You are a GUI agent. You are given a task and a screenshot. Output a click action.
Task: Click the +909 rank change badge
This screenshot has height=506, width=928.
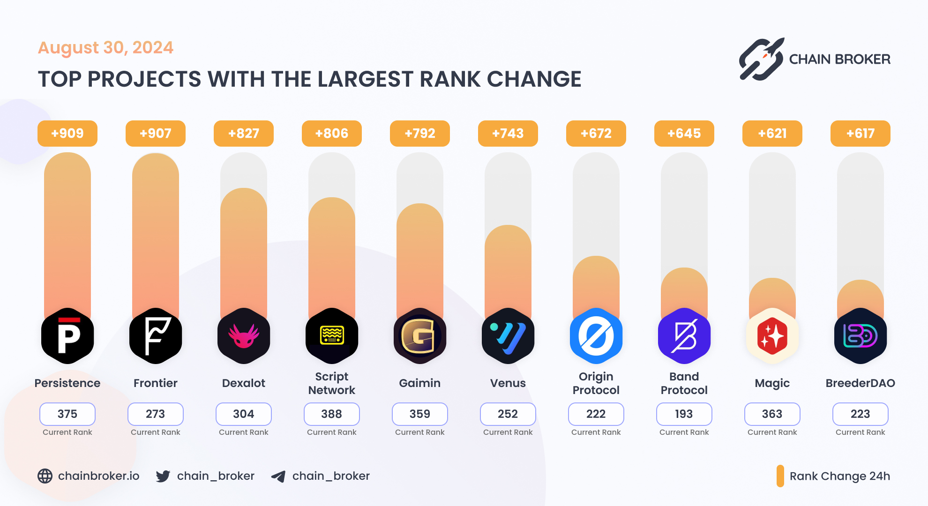(67, 134)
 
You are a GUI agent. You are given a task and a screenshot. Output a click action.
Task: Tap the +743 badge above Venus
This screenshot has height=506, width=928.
(508, 134)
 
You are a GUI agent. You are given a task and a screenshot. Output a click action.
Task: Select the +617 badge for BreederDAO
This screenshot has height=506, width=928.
(861, 134)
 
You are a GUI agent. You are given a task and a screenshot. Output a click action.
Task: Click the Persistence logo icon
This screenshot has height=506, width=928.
(67, 336)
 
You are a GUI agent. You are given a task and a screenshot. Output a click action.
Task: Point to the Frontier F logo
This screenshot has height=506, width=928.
(156, 336)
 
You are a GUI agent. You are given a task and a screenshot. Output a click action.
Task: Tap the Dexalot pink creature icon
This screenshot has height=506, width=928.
(244, 336)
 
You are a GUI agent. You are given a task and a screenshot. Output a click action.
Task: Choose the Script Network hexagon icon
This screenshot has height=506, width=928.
(332, 336)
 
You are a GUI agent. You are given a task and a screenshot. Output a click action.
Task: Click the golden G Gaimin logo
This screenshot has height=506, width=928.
(420, 336)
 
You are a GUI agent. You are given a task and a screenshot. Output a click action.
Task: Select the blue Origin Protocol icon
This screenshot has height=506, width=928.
(596, 336)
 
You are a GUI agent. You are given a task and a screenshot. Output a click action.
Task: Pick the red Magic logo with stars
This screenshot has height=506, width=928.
(772, 336)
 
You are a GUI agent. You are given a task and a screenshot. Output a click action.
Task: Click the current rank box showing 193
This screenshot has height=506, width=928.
(684, 414)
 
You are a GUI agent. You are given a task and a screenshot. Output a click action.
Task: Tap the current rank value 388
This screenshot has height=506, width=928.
(332, 414)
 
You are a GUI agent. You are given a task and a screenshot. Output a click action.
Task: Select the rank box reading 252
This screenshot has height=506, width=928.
(508, 414)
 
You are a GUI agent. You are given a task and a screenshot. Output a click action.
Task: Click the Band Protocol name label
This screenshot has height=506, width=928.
(684, 383)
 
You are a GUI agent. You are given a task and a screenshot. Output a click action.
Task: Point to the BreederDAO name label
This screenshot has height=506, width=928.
(861, 383)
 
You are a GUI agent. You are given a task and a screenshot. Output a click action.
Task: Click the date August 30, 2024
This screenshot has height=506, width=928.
(105, 48)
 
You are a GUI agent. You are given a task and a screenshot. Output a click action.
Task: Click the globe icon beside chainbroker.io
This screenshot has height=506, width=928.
(45, 476)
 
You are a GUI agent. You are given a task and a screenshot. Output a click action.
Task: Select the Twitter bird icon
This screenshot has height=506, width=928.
(163, 476)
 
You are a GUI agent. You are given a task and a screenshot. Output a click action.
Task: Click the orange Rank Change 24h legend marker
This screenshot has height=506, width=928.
(780, 476)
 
